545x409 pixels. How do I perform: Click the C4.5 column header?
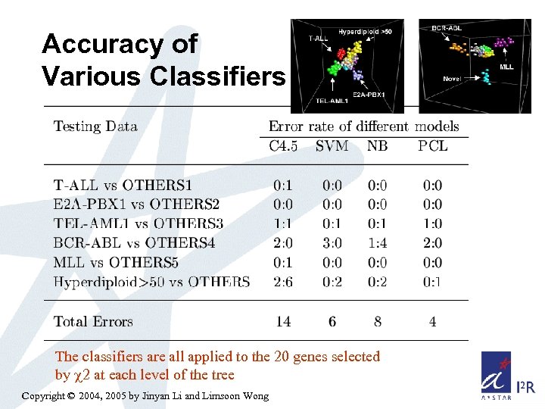click(x=284, y=146)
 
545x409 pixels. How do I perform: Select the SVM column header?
click(x=332, y=146)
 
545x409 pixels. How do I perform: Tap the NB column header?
click(x=376, y=146)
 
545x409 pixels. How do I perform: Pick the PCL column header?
click(x=432, y=146)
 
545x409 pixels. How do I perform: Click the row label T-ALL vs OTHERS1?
click(x=123, y=186)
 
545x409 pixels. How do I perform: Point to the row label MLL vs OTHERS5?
click(x=116, y=263)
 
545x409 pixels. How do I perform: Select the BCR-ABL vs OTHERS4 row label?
click(x=134, y=243)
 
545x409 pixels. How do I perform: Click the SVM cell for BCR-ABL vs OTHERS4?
click(x=332, y=243)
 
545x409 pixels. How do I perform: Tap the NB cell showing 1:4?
click(x=377, y=243)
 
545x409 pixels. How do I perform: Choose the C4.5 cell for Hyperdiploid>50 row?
click(x=283, y=283)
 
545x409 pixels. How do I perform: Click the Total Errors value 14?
click(x=283, y=322)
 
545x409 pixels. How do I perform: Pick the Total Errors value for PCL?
click(x=432, y=322)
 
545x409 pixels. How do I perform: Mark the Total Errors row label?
click(x=92, y=322)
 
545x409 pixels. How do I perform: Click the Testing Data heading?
click(x=95, y=126)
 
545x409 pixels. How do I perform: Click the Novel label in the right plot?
click(x=453, y=78)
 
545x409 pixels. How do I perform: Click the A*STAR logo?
click(x=498, y=374)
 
